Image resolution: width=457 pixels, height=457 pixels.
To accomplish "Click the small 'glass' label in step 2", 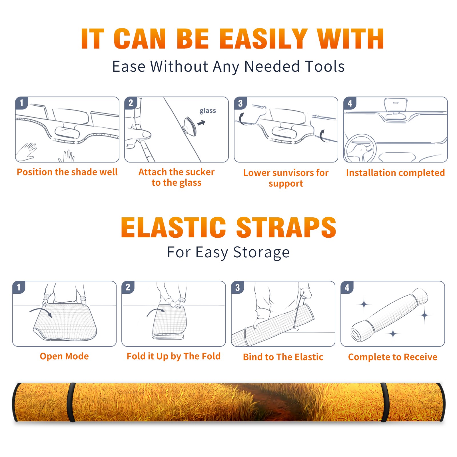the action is click(208, 111).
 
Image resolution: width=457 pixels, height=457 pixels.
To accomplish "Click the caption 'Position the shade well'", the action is click(67, 172).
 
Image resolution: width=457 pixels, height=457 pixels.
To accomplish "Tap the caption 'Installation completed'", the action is click(395, 173).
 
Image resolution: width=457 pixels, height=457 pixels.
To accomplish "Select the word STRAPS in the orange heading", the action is click(286, 228).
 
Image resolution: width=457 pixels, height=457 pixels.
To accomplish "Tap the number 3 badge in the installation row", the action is click(240, 103).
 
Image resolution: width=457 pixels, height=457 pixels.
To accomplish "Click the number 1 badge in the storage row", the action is click(19, 287).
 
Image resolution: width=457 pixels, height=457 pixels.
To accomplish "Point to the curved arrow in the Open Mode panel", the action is click(41, 310).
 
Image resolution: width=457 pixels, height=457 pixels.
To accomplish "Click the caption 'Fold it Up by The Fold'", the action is click(174, 356).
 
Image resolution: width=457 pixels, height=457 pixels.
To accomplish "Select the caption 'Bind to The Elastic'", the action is click(283, 357).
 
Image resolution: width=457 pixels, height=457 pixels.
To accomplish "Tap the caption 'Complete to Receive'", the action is click(393, 357).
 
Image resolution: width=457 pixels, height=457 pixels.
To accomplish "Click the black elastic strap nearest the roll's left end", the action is click(71, 402).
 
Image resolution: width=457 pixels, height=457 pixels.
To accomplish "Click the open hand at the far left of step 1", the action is click(26, 151).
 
